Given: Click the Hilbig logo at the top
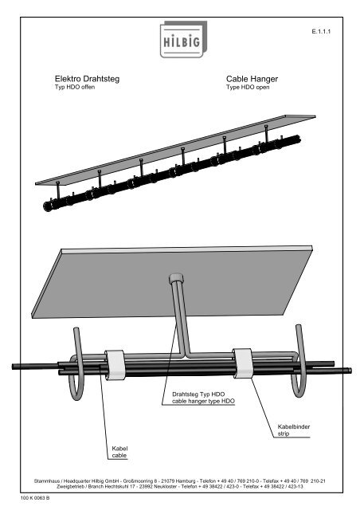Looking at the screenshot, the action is [183, 39].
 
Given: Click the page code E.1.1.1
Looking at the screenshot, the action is [321, 32].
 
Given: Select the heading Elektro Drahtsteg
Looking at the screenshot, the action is [87, 79].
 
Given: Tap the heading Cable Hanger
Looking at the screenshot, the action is [252, 79].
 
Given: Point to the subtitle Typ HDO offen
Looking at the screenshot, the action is [75, 87].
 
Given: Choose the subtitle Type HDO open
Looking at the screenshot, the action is [248, 87].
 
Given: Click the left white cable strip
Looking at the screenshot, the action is [115, 365].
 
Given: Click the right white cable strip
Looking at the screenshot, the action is [242, 363].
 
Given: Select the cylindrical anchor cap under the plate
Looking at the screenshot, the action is [176, 278].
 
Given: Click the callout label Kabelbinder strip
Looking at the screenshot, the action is [294, 430].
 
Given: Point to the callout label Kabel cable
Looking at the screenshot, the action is [119, 452].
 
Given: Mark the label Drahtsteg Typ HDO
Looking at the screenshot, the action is [198, 394].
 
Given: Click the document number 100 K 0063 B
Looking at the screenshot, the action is [35, 498].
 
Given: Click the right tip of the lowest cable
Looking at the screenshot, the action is [350, 370].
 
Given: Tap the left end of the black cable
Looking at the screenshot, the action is [14, 367].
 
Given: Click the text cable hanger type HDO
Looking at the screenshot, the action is [203, 401].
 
